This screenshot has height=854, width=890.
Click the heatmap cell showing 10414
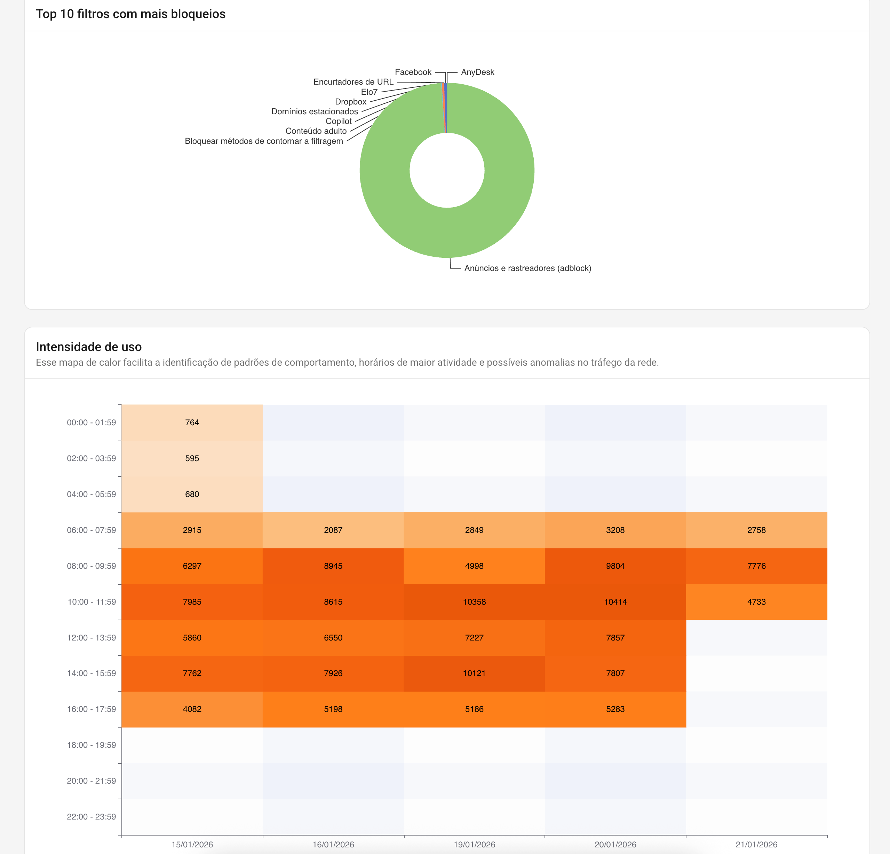[x=615, y=602]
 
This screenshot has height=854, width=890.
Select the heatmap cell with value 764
[x=192, y=422]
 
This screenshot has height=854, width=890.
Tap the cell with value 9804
[x=615, y=566]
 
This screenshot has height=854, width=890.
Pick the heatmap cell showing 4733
[x=756, y=602]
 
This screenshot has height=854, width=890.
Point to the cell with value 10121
[x=474, y=673]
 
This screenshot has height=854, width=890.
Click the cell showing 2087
[x=333, y=530]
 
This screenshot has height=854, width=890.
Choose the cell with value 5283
[x=615, y=709]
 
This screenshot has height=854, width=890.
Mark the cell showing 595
[x=192, y=458]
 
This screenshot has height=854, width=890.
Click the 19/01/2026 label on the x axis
[x=474, y=845]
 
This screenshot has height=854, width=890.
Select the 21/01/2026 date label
[x=756, y=845]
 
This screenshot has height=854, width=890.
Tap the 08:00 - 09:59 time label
[x=91, y=566]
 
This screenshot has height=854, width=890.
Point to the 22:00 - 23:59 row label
[x=91, y=817]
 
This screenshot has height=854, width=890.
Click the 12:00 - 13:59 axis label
[x=91, y=638]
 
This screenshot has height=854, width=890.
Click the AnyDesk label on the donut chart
[x=477, y=72]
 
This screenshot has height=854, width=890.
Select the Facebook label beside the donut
[x=413, y=72]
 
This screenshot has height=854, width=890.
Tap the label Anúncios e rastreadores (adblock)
[x=527, y=268]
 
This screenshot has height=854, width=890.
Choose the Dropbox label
[x=351, y=102]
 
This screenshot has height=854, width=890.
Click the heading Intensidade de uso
[x=88, y=347]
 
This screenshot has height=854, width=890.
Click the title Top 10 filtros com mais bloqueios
[x=131, y=14]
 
